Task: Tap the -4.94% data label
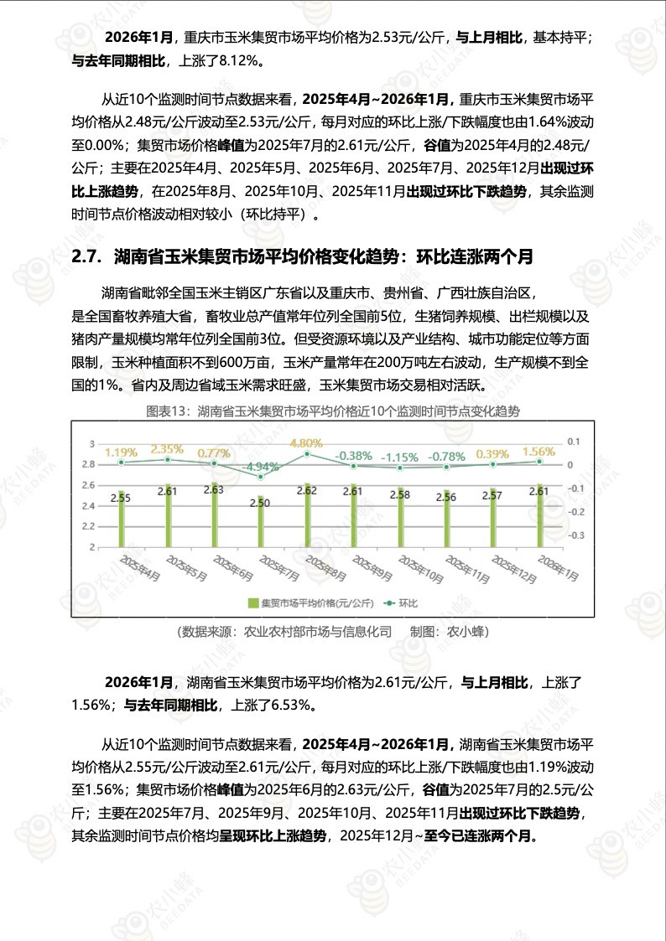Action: click(x=260, y=466)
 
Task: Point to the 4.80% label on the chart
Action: click(x=306, y=442)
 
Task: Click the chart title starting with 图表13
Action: click(x=333, y=411)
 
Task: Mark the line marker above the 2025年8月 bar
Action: click(x=307, y=454)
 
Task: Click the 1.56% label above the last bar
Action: click(x=538, y=451)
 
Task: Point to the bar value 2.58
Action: click(x=399, y=495)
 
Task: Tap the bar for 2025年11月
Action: click(x=445, y=519)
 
